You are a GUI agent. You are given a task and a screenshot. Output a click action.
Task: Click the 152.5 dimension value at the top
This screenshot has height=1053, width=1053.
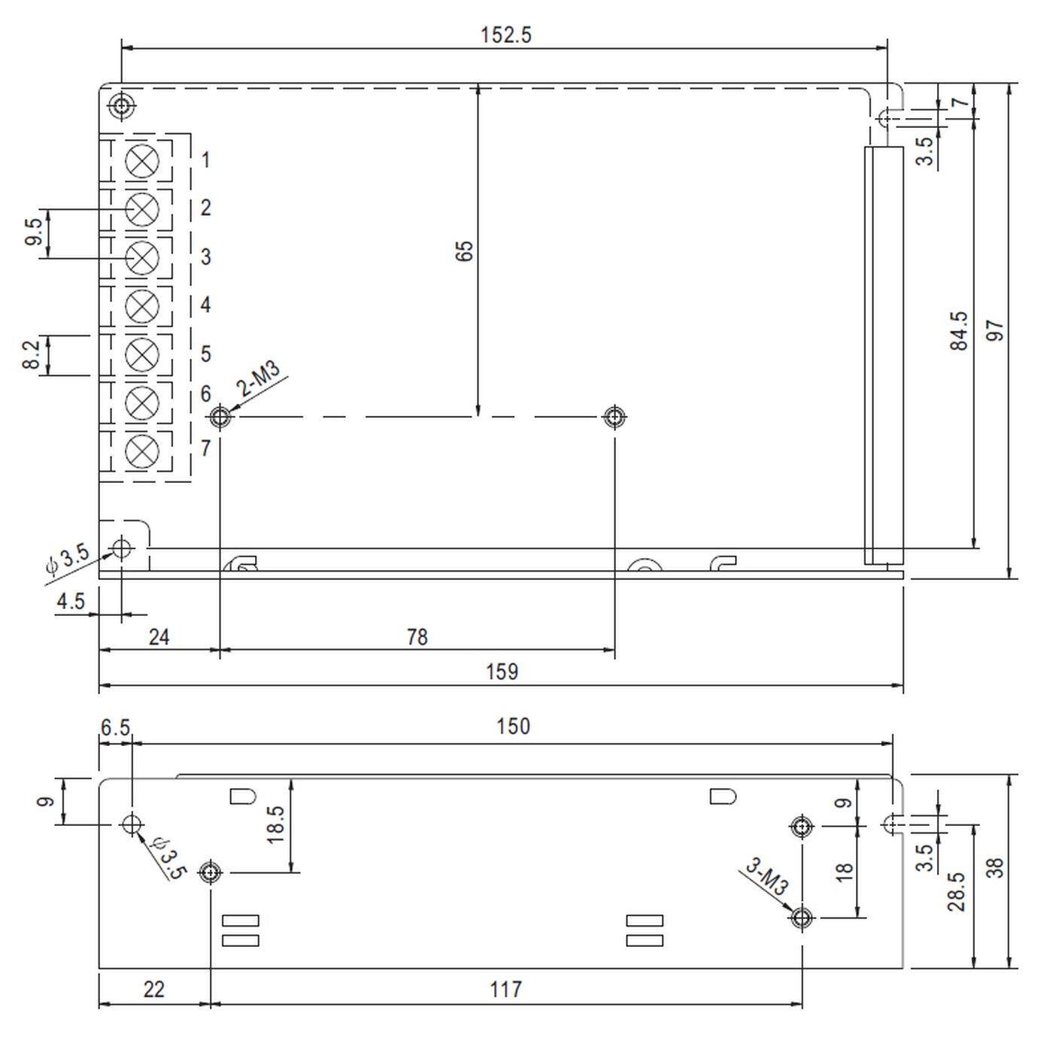pyautogui.click(x=505, y=35)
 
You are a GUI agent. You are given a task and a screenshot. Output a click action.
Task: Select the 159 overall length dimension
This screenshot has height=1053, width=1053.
pyautogui.click(x=502, y=672)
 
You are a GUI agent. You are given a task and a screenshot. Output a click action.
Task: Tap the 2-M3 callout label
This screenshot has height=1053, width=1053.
pyautogui.click(x=259, y=379)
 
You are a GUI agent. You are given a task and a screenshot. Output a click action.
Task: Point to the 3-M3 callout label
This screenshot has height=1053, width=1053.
pyautogui.click(x=766, y=877)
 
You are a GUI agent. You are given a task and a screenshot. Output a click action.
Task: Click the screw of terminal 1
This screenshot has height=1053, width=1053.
pyautogui.click(x=141, y=160)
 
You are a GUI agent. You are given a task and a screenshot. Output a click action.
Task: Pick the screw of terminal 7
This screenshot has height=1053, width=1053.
pyautogui.click(x=141, y=451)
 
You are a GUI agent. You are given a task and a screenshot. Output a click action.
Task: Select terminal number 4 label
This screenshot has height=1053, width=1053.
pyautogui.click(x=205, y=305)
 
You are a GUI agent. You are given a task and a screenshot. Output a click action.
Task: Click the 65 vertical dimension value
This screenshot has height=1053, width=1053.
pyautogui.click(x=465, y=250)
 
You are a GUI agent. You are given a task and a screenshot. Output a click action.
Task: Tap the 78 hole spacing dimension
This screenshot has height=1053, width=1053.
pyautogui.click(x=417, y=637)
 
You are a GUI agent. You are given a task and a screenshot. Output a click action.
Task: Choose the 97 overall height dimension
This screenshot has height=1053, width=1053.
pyautogui.click(x=995, y=330)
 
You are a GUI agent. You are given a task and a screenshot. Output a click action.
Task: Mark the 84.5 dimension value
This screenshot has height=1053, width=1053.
pyautogui.click(x=959, y=331)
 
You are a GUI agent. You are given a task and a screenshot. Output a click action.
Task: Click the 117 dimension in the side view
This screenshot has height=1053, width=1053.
pyautogui.click(x=505, y=989)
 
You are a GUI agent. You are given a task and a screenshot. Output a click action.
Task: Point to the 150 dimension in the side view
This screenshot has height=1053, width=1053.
pyautogui.click(x=513, y=727)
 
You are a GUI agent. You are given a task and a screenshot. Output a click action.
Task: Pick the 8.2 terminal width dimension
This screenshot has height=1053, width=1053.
pyautogui.click(x=31, y=354)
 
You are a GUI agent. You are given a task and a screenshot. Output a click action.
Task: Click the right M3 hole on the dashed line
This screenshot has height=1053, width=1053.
pyautogui.click(x=615, y=416)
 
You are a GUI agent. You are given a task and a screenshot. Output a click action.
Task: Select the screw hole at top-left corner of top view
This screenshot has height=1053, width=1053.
pyautogui.click(x=122, y=105)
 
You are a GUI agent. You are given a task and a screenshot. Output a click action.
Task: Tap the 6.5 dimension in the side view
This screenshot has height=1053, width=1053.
pyautogui.click(x=115, y=727)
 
